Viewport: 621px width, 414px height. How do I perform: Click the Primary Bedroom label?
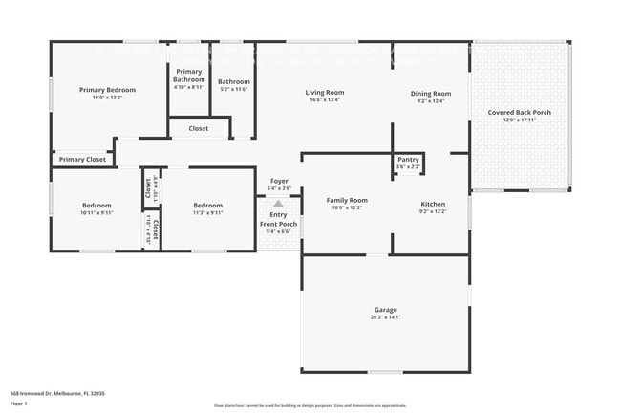coord(107,90)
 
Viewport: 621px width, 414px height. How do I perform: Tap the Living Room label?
coord(324,93)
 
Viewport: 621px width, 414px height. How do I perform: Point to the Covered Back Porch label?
coord(519,112)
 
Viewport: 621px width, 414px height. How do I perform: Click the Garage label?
coord(385,311)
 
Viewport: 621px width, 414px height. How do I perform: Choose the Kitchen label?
coord(433,204)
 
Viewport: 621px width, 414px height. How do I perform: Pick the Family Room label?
coord(347,200)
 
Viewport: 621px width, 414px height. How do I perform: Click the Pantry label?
coord(408,160)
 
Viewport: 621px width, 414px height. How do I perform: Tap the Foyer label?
coord(279,181)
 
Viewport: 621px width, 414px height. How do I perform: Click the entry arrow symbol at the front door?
coord(278,203)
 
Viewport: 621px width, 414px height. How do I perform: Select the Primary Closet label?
coord(82,159)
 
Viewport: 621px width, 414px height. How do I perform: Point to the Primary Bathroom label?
coord(189,76)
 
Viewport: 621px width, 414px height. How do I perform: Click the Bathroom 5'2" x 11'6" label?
coord(233,82)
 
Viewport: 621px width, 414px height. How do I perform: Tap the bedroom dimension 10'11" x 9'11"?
coord(96,212)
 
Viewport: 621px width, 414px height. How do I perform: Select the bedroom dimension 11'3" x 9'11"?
coord(207,212)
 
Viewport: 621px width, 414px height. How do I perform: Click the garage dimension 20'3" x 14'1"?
coord(385,317)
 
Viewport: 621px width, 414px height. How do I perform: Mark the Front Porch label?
coord(279,224)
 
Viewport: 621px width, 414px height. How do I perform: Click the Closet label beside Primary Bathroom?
coord(199,128)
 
